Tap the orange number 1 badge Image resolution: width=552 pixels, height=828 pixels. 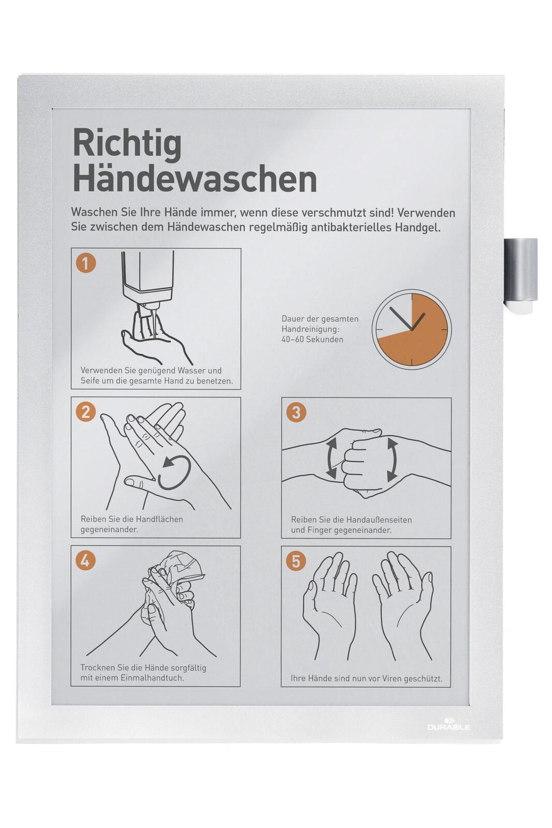point(86,263)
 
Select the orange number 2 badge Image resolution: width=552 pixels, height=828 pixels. point(86,412)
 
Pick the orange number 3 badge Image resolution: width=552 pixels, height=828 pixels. point(296,412)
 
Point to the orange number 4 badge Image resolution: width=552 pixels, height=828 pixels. point(85,561)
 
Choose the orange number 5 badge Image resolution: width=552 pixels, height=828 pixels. point(296,561)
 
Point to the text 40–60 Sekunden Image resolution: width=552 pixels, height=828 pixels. point(312,339)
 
